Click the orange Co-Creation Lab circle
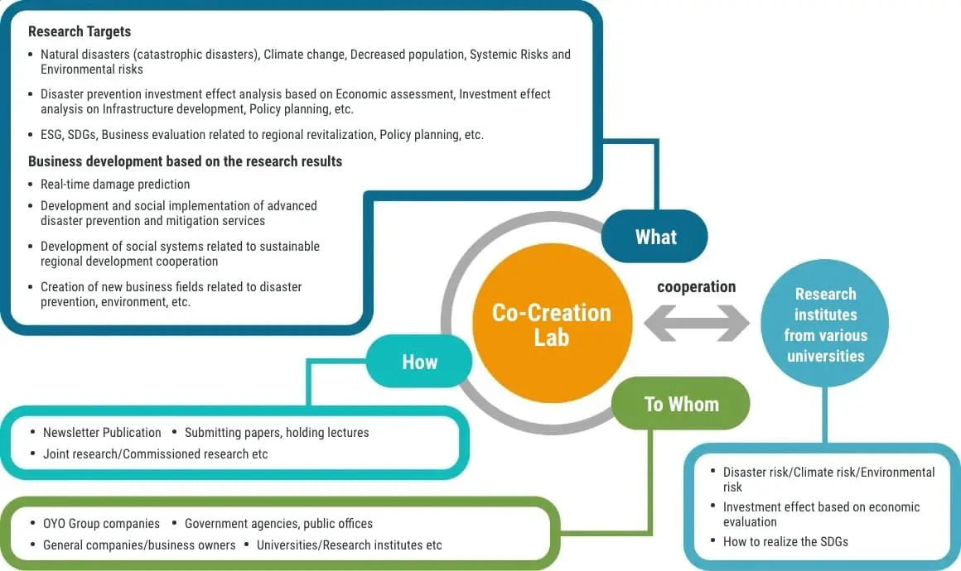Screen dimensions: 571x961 coord(551,324)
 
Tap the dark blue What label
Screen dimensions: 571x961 coord(655,238)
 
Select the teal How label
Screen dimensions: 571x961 coord(419,362)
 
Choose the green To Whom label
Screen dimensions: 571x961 coord(681,404)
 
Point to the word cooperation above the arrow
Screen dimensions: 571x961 coord(696,287)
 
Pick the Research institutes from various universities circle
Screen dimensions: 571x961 coord(825,325)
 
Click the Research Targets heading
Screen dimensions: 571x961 coord(80,31)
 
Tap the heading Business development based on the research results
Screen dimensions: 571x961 coord(185,161)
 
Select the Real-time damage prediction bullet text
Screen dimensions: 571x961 coord(115,185)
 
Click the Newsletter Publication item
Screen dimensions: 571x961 coord(102,432)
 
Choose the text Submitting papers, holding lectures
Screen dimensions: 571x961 coord(277,432)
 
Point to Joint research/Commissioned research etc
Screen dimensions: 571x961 coord(155,453)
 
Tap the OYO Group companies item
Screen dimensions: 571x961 coord(101,523)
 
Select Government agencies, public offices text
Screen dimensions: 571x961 coord(278,523)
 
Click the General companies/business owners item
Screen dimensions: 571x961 coord(139,545)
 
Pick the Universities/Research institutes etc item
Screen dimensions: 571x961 coord(349,545)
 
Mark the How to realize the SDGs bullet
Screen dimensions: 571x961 coord(785,541)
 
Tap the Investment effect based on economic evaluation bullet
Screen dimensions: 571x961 coord(820,514)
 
